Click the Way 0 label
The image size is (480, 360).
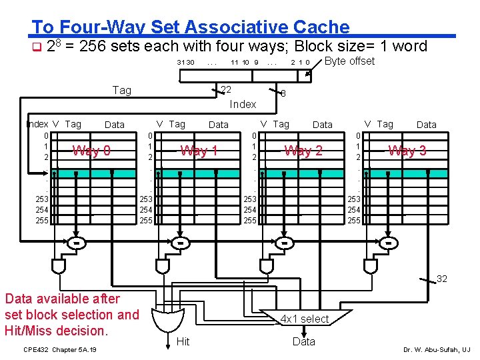click(x=91, y=151)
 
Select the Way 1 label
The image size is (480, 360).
click(x=199, y=151)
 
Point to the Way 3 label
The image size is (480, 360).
click(x=407, y=151)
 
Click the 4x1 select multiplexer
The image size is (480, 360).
click(x=305, y=319)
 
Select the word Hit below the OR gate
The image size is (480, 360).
click(x=183, y=342)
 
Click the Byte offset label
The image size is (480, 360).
click(x=350, y=61)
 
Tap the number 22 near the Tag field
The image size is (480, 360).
click(x=226, y=90)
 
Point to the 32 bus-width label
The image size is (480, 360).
click(x=441, y=279)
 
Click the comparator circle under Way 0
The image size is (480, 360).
click(x=77, y=243)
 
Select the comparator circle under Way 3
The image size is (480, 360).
click(x=389, y=243)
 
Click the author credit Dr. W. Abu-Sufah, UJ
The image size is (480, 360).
click(x=437, y=349)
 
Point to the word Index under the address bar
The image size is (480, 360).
click(x=243, y=104)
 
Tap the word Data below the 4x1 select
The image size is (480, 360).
click(x=304, y=342)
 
